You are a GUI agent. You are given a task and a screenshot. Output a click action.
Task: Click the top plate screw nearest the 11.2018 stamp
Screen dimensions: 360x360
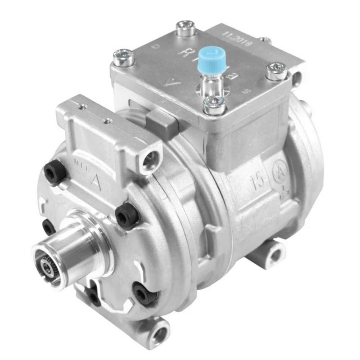185,28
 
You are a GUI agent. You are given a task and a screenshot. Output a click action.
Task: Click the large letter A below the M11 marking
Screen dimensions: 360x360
94,179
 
